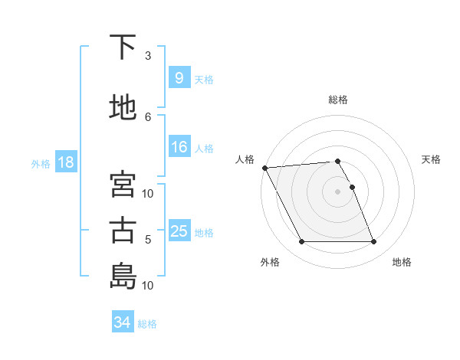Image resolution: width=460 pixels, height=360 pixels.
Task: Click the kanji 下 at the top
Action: (123, 47)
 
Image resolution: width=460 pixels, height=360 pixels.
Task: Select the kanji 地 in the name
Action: (123, 107)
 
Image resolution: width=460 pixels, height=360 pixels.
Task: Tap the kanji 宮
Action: (123, 185)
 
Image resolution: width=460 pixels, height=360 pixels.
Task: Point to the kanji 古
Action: (123, 231)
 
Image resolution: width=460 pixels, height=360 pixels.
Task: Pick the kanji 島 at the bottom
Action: (123, 276)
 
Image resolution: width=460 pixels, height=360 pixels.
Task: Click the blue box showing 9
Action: (179, 78)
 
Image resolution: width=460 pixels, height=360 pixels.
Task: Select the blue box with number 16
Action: (179, 147)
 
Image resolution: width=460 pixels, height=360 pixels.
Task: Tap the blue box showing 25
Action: (179, 231)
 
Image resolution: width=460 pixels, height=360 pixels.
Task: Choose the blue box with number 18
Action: (64, 162)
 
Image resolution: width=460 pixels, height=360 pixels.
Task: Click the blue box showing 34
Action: (122, 322)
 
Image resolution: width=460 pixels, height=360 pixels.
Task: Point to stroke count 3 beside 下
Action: (148, 55)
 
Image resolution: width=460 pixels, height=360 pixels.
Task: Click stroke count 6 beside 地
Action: (148, 116)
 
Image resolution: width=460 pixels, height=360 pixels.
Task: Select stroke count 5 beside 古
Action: (148, 240)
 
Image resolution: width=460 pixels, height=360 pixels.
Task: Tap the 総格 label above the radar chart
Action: (337, 100)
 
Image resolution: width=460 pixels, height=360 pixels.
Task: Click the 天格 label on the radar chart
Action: (432, 159)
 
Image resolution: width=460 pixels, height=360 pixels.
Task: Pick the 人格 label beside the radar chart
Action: (245, 159)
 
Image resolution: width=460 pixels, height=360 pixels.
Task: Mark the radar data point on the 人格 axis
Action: (264, 168)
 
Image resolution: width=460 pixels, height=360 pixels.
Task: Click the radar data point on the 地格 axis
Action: (374, 242)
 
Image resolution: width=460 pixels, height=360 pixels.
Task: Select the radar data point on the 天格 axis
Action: (352, 187)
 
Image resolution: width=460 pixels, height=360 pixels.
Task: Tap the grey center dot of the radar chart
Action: (337, 191)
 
